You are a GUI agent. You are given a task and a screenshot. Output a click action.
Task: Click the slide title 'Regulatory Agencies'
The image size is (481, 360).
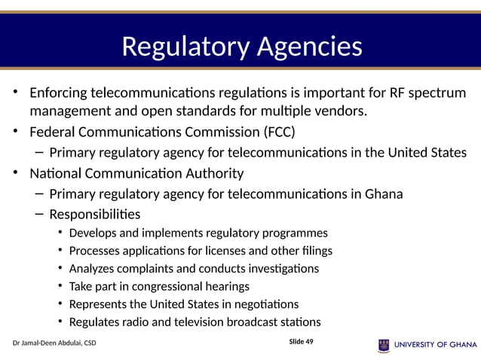241,47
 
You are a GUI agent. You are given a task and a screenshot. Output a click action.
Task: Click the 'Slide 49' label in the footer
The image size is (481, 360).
302,342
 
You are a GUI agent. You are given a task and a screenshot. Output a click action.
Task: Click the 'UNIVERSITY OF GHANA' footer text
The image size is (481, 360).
435,345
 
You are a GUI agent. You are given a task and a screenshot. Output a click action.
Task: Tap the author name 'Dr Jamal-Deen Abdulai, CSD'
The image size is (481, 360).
54,344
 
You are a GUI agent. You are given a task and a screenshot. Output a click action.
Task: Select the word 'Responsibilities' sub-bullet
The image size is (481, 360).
94,214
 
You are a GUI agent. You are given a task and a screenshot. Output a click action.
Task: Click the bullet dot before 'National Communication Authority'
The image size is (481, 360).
14,173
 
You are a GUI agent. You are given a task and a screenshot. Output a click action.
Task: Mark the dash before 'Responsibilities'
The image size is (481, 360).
39,214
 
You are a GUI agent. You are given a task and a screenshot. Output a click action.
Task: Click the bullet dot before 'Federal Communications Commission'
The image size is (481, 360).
14,133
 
